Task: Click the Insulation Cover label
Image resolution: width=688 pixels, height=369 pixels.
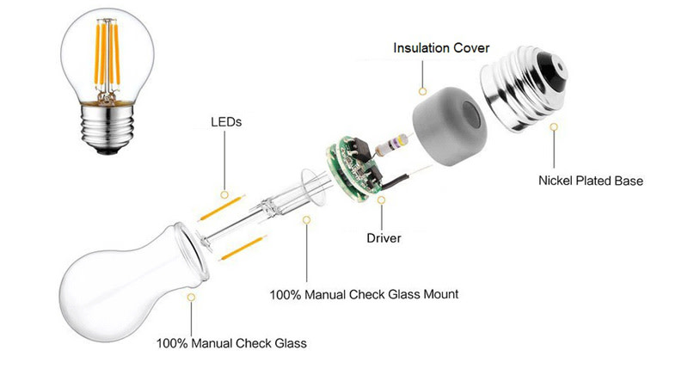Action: click(x=441, y=48)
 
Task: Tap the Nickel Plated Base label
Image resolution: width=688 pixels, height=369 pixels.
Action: click(x=591, y=181)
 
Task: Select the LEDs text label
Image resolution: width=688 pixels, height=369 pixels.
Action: click(x=226, y=122)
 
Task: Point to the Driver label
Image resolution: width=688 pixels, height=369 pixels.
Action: click(x=384, y=238)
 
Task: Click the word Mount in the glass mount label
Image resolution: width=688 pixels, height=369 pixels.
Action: click(x=440, y=294)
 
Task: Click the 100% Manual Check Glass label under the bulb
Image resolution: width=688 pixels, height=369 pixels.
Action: click(x=231, y=343)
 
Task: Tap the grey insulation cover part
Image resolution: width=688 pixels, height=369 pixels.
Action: click(x=449, y=126)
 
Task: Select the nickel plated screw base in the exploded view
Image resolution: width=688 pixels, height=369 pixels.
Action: click(x=524, y=87)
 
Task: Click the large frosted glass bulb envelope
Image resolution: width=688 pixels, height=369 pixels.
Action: click(x=132, y=280)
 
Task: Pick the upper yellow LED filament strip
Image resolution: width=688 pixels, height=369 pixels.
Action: click(x=221, y=208)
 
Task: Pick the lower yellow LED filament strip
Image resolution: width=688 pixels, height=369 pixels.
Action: click(x=243, y=248)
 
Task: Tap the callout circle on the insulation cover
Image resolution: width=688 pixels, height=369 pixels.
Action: click(x=422, y=91)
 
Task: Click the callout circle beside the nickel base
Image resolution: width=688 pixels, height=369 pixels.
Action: click(x=554, y=126)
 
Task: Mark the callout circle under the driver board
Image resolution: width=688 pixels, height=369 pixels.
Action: click(x=381, y=200)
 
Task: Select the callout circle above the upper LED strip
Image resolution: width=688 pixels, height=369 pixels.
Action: click(x=224, y=194)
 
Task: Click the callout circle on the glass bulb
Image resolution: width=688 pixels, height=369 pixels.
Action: click(x=191, y=297)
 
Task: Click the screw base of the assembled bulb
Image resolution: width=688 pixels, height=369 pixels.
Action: click(x=107, y=128)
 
